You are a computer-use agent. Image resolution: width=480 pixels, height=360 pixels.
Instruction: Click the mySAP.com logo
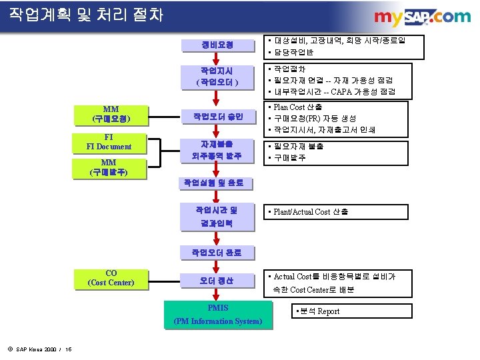tap(421, 17)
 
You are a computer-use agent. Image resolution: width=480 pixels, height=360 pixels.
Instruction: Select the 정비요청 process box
tap(217, 45)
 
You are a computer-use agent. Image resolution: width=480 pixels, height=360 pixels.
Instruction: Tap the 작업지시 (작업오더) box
tap(217, 76)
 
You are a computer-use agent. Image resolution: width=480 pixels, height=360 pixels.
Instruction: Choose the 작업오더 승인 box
tap(217, 117)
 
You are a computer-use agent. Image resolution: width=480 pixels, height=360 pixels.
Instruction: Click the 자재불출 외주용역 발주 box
tap(217, 150)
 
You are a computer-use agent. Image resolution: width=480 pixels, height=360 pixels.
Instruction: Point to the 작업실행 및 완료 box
tap(217, 183)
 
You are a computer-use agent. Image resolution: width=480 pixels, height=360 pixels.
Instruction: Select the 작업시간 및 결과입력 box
tap(217, 217)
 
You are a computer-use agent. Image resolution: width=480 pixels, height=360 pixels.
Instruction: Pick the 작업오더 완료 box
tap(217, 253)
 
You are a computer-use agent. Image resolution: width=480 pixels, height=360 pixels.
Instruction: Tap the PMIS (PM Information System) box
tap(218, 315)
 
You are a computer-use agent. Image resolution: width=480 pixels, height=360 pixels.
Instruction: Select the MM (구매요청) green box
tap(111, 115)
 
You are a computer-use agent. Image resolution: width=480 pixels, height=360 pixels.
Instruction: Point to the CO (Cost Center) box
tap(111, 278)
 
